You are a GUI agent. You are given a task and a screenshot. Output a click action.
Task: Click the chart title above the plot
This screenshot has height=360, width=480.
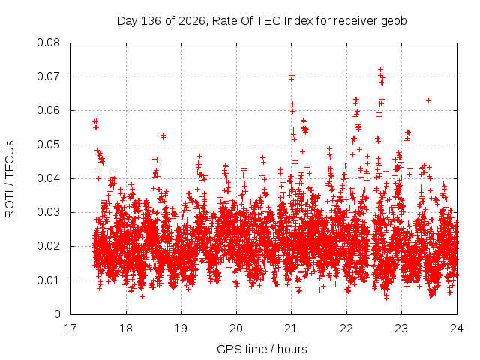[262, 21]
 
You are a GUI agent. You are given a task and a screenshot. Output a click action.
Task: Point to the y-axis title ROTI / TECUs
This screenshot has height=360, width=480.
[10, 179]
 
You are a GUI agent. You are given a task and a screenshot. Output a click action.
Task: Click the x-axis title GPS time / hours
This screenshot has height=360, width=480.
[262, 349]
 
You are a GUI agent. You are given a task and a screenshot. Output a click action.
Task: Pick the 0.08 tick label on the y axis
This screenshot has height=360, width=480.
[48, 43]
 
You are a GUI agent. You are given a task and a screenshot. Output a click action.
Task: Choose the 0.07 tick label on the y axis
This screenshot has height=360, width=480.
[48, 76]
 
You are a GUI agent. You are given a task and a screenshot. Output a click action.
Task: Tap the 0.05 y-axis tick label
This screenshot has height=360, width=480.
[48, 145]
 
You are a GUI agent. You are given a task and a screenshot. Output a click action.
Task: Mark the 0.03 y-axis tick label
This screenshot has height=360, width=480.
[48, 212]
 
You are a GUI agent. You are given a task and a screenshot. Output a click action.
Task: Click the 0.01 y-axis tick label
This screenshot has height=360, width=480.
[48, 280]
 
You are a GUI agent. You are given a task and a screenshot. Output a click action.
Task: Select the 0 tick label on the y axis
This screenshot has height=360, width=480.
[57, 314]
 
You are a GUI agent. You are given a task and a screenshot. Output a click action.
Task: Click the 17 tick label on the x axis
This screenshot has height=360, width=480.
[70, 328]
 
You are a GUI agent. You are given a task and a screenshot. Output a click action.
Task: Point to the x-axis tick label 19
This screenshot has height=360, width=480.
[181, 328]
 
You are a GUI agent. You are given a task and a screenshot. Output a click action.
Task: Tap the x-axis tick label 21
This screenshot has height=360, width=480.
[291, 328]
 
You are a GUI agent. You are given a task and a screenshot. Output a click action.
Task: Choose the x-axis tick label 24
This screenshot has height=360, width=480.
[457, 328]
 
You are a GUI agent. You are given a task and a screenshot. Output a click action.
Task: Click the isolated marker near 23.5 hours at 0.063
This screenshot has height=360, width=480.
[428, 100]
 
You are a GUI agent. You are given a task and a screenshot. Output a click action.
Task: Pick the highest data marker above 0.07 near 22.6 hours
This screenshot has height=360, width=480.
[380, 70]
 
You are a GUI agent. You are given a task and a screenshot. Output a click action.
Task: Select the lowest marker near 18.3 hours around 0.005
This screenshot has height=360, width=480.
[142, 297]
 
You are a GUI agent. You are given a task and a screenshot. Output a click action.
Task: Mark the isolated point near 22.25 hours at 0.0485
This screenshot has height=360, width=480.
[360, 150]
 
